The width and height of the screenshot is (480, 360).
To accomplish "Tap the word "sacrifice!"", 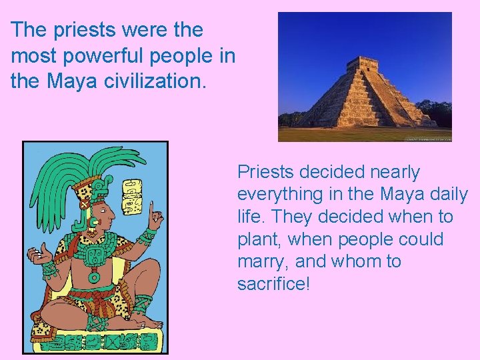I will [x=273, y=284].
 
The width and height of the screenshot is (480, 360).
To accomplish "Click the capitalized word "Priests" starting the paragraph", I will [x=265, y=172].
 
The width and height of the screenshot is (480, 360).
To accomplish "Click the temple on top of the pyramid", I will [x=362, y=65].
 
